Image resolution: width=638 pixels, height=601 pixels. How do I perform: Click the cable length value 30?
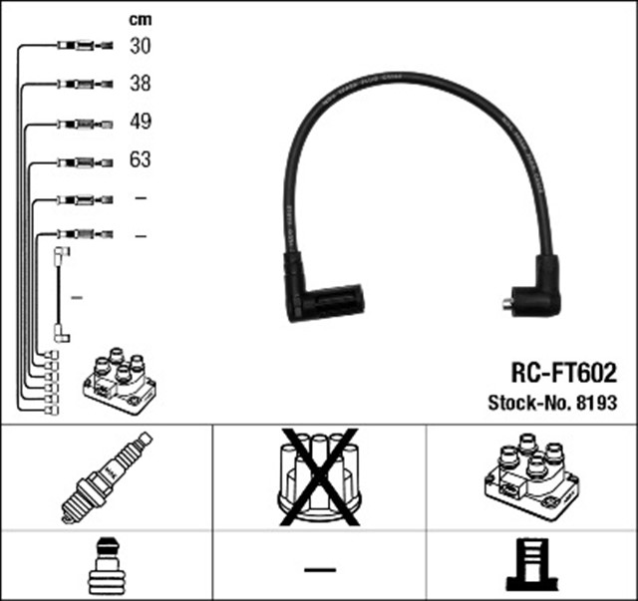click(140, 46)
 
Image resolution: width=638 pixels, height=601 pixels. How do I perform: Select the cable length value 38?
click(140, 84)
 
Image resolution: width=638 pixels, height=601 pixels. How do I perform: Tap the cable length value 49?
click(140, 123)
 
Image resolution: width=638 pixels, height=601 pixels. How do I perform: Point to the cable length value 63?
click(140, 160)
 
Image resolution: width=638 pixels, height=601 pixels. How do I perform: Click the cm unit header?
click(140, 19)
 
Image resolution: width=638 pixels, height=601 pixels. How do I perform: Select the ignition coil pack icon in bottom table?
click(530, 475)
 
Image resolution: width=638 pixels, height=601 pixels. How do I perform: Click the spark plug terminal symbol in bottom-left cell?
click(107, 565)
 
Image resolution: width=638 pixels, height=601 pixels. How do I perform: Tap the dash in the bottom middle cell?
click(319, 569)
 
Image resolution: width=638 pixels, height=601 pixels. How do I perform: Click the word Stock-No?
click(525, 404)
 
